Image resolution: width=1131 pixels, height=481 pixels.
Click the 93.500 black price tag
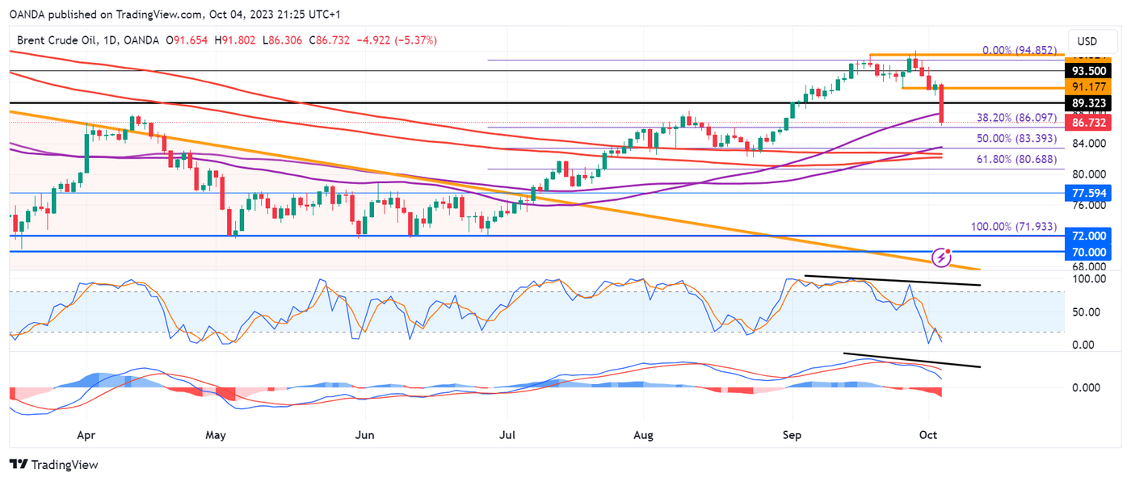(1088, 70)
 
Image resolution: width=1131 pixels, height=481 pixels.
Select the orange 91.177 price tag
(1088, 87)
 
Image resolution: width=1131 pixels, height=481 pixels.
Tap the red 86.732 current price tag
(1088, 123)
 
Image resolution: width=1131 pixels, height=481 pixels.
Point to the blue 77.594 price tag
(1088, 193)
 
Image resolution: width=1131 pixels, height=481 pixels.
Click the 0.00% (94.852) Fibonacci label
(1019, 50)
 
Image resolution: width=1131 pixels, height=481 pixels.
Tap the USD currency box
(1087, 41)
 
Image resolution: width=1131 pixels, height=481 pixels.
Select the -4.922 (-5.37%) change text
(396, 40)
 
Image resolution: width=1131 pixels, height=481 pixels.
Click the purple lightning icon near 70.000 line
(941, 257)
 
